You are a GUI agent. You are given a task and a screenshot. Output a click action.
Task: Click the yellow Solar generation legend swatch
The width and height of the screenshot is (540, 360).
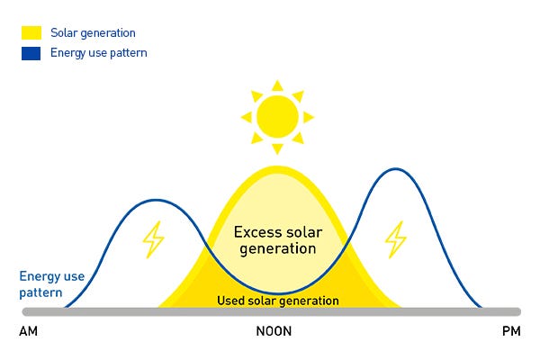point(31,33)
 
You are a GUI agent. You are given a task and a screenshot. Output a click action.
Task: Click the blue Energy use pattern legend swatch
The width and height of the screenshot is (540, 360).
point(31,52)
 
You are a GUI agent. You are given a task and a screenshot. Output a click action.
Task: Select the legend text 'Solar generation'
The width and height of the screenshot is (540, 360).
point(93,33)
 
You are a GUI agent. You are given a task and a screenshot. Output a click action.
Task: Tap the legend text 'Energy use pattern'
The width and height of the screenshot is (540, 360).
point(99,52)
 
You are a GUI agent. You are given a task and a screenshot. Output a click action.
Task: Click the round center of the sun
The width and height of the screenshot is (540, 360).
point(277,115)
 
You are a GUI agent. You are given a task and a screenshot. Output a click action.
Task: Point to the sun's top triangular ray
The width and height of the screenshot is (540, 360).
point(277,85)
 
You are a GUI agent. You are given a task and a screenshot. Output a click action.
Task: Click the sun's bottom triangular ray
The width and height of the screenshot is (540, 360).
point(277,148)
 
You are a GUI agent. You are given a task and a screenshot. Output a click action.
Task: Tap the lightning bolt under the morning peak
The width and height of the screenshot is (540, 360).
point(154,239)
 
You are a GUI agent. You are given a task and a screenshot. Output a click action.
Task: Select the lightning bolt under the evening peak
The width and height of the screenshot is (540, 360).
point(395,239)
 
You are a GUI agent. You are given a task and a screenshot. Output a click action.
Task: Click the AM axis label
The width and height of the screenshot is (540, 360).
point(29,332)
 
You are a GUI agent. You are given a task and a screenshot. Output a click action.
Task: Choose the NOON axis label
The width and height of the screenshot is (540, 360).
point(274,332)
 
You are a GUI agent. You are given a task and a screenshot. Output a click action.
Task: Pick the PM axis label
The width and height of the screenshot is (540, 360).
point(510,332)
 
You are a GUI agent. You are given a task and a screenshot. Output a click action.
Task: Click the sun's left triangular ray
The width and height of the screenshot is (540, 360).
point(246,116)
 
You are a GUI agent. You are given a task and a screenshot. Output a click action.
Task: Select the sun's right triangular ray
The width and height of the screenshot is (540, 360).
point(309,116)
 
